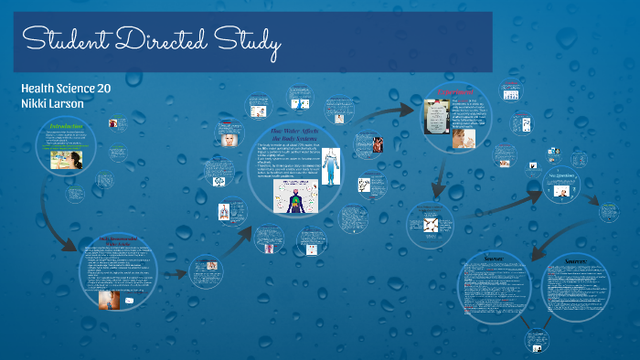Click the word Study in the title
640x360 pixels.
coord(249,42)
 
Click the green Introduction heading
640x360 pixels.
coord(66,125)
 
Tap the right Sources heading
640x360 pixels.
coord(577,259)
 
